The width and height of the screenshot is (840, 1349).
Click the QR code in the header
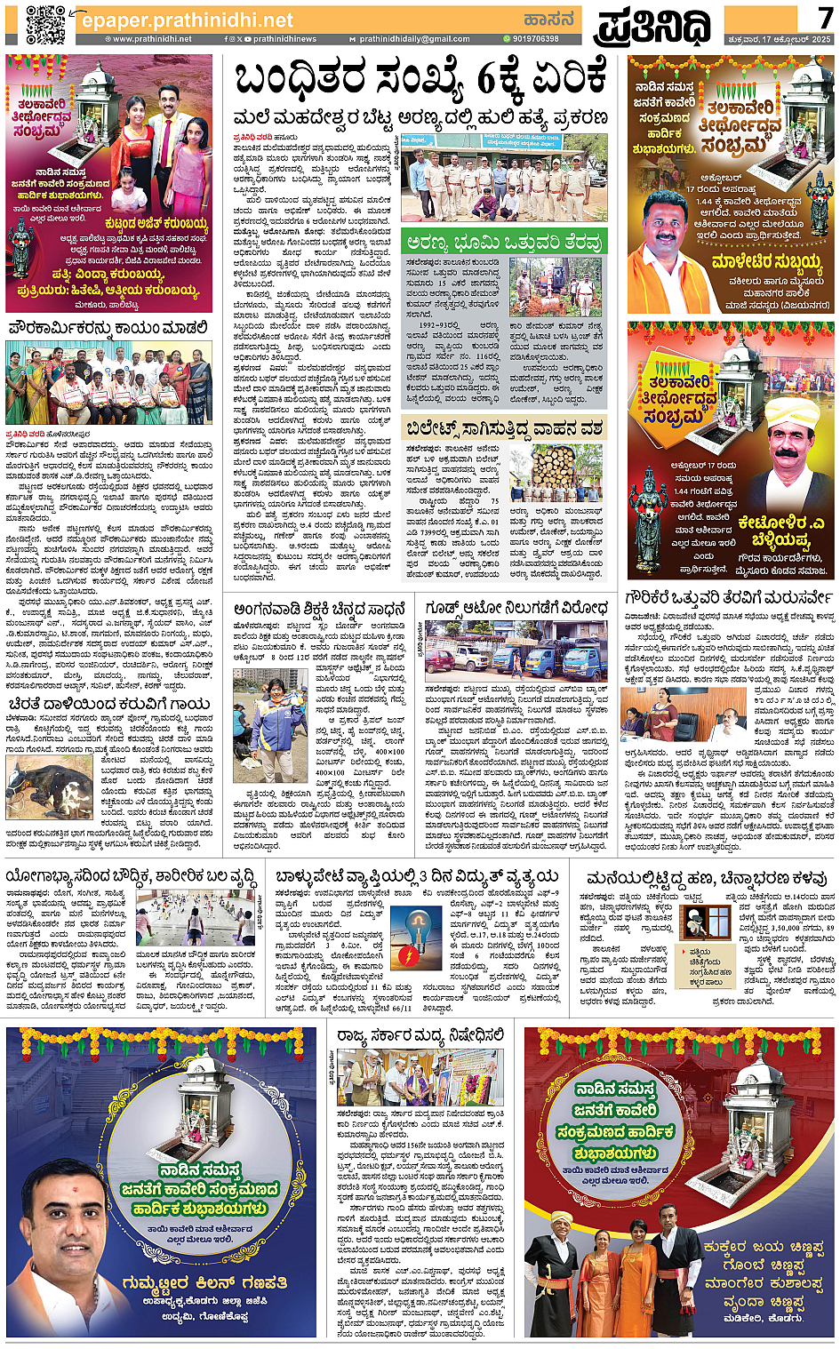coord(44,24)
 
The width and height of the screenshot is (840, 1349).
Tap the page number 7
coord(824,18)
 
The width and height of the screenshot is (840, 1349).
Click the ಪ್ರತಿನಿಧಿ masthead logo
coord(653,26)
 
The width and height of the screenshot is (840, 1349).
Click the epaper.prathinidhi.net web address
coord(187,20)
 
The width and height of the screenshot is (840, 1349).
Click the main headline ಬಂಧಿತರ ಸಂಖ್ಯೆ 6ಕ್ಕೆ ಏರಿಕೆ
coord(420,80)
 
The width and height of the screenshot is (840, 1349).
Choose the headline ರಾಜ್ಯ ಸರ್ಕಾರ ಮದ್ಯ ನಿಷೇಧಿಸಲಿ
coord(420,1035)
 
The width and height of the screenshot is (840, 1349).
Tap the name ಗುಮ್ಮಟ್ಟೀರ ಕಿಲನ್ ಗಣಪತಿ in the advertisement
coord(204,1282)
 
